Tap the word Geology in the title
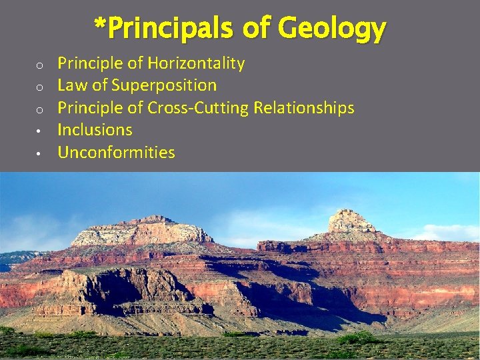click(x=331, y=29)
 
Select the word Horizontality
click(x=196, y=63)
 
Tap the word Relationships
click(x=304, y=107)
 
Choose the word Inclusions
click(x=95, y=130)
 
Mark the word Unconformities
click(x=117, y=153)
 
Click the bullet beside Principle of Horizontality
click(x=40, y=65)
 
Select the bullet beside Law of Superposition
click(x=40, y=87)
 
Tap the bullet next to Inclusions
click(x=40, y=131)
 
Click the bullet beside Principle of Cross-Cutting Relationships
click(x=40, y=109)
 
